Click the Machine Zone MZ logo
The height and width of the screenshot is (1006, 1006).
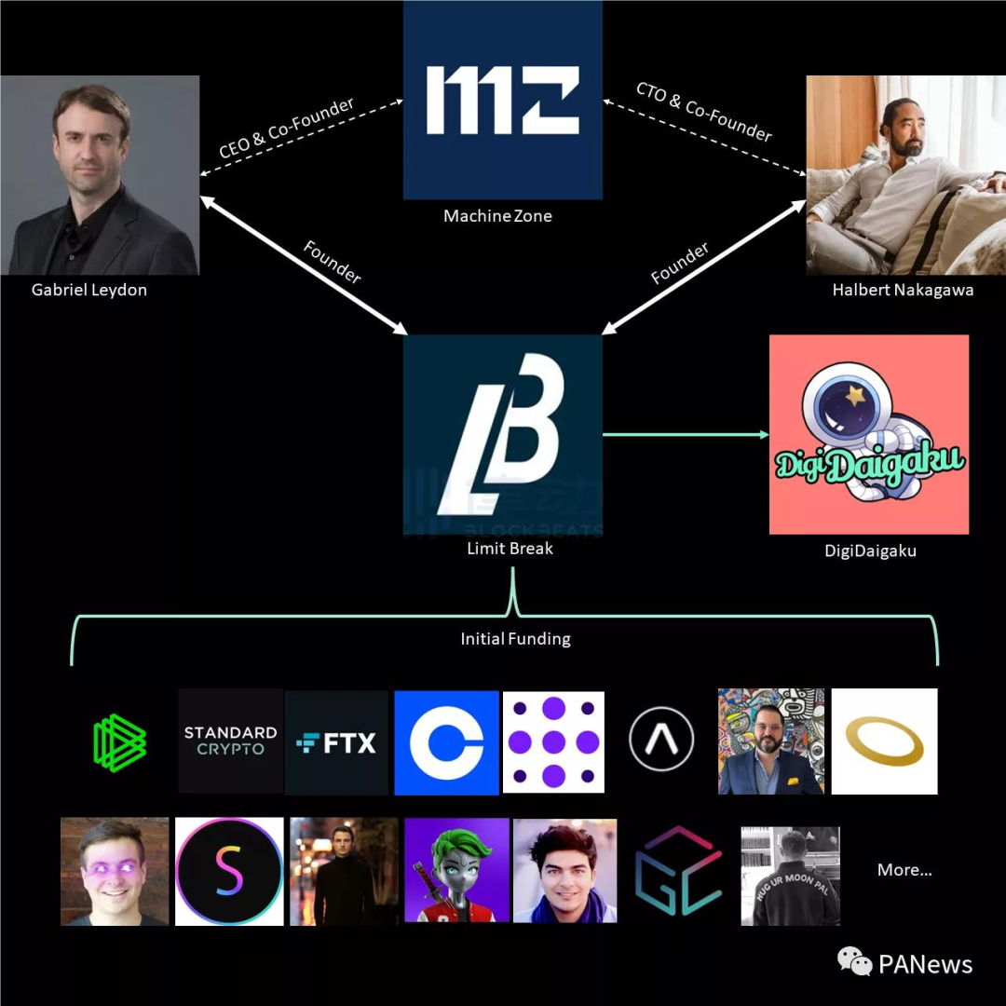click(502, 100)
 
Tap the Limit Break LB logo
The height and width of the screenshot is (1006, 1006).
click(502, 434)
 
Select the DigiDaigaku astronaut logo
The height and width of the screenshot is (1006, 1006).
click(869, 434)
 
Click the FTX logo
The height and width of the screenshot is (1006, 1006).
click(336, 742)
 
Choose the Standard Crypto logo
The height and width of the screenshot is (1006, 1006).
click(230, 741)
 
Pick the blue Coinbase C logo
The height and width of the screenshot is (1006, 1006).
click(446, 742)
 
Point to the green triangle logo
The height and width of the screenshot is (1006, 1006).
click(119, 742)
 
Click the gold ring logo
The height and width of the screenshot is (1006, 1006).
click(884, 741)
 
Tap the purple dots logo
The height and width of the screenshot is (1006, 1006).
click(553, 741)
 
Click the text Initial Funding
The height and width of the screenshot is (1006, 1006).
click(515, 638)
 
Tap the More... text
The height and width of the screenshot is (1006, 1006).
click(904, 870)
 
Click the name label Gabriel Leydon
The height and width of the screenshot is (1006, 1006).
click(89, 290)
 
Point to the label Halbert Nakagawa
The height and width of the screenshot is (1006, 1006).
click(903, 290)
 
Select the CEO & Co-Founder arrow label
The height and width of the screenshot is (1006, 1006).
click(286, 128)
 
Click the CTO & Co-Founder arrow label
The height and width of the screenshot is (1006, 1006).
click(704, 112)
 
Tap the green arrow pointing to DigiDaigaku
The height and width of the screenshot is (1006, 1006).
click(686, 434)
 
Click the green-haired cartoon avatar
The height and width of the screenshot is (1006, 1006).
click(456, 870)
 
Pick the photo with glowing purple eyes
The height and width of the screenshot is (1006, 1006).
click(115, 871)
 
